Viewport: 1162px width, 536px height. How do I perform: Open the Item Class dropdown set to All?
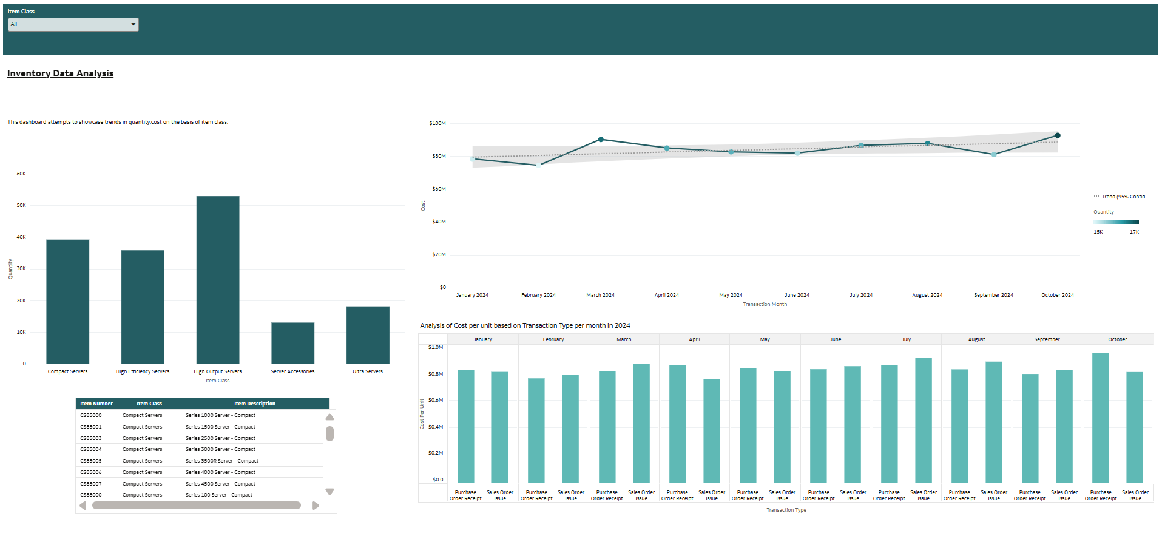point(73,24)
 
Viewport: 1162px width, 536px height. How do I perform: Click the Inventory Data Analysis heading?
point(60,73)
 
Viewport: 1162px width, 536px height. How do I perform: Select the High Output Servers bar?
point(217,279)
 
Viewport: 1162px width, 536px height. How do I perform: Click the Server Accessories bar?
point(292,343)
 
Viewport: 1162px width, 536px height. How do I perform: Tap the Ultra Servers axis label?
point(368,371)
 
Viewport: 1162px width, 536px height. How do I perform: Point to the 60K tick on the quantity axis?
point(21,174)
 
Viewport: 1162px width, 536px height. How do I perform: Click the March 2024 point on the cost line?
point(601,140)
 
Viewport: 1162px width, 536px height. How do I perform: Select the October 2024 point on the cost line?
point(1058,135)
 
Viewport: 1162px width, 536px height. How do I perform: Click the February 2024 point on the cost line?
point(538,165)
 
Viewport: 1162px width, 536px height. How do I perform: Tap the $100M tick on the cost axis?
point(437,123)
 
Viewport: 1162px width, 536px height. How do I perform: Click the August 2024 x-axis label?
point(927,295)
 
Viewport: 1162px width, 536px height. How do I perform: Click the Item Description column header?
point(255,404)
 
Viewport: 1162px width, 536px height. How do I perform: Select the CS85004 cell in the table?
point(91,449)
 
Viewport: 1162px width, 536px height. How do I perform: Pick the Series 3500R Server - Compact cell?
point(222,461)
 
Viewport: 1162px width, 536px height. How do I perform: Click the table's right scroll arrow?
point(316,506)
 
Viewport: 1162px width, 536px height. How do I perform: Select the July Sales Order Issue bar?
point(923,420)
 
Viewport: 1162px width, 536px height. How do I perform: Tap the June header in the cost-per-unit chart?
point(836,339)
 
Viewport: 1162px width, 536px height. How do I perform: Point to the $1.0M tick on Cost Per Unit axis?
point(436,347)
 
